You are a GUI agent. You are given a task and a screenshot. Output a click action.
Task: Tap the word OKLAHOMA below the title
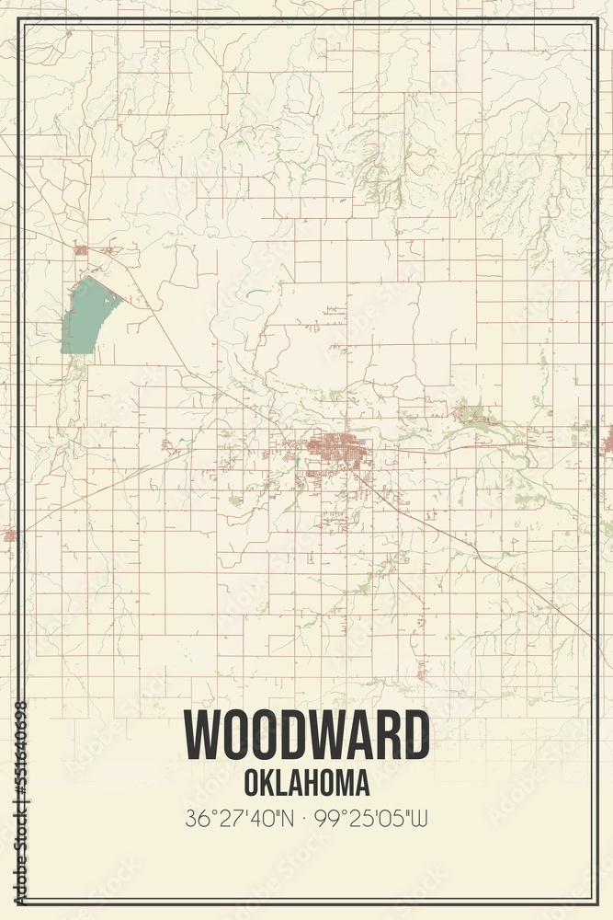[307, 782]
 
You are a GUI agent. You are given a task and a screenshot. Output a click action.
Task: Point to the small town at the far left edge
[8, 534]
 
